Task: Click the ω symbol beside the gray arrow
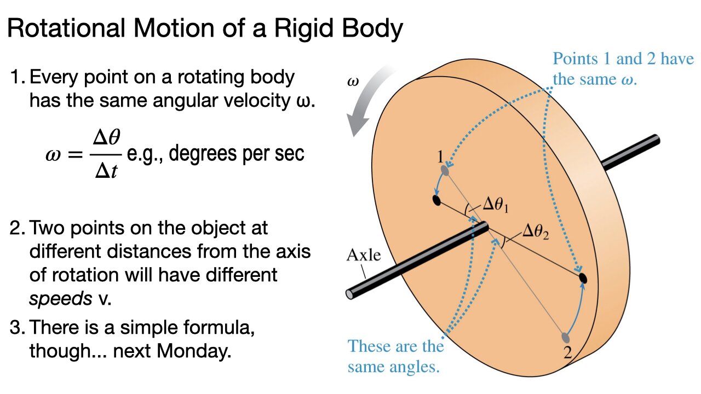click(x=353, y=82)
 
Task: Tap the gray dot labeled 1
click(x=445, y=171)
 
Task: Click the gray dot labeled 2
click(x=566, y=338)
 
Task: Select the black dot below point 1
click(x=436, y=200)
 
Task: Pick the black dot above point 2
click(x=583, y=278)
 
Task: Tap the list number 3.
click(x=16, y=328)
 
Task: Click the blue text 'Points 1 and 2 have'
click(x=623, y=59)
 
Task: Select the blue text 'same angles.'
click(x=393, y=366)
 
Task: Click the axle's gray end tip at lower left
click(x=350, y=294)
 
